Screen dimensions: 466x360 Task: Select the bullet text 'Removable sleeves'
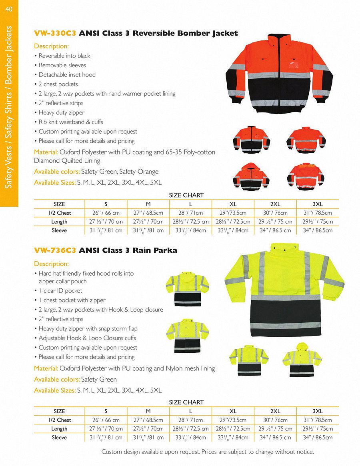(x=62, y=65)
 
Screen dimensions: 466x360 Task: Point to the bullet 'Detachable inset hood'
(x=67, y=75)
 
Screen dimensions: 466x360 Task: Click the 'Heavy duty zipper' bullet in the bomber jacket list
(x=61, y=113)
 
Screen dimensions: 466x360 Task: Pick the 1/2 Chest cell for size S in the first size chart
(x=106, y=213)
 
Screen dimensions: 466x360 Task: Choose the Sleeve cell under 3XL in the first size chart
(x=318, y=230)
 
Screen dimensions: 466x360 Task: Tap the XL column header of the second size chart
(x=233, y=411)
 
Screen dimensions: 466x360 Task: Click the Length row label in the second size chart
(x=59, y=429)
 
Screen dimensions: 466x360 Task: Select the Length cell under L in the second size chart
(x=190, y=429)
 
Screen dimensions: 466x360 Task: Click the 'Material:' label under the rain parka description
(x=46, y=368)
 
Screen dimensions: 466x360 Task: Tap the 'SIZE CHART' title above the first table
(x=186, y=195)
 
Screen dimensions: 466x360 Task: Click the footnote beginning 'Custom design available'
(x=208, y=452)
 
